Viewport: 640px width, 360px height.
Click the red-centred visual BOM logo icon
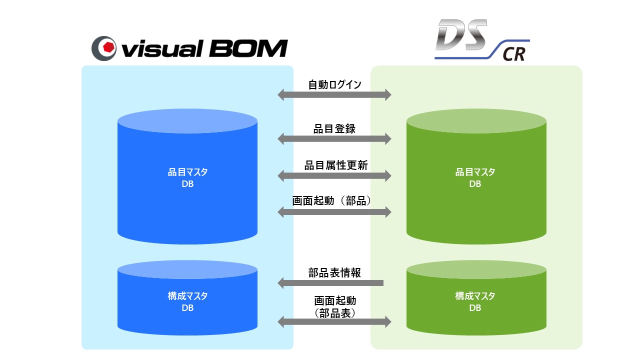pos(104,48)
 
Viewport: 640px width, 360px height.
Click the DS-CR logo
pos(480,41)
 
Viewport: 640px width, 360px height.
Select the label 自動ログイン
pos(334,84)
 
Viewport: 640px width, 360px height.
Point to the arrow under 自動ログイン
pos(334,94)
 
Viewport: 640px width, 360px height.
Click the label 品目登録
pos(334,128)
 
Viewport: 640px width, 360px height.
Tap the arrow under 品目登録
pos(334,138)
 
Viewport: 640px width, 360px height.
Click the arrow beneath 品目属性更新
pos(334,175)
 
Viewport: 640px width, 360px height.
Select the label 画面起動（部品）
pos(334,200)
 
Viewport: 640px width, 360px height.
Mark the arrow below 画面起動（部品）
pos(334,212)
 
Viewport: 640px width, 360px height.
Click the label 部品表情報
pos(334,273)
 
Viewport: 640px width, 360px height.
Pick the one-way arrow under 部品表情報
pos(330,283)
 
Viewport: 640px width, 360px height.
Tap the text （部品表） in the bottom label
pos(334,313)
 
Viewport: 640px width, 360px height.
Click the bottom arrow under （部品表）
pos(334,322)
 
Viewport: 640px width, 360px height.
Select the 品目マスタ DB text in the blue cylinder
pos(187,178)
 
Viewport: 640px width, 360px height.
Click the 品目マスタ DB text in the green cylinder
pos(475,178)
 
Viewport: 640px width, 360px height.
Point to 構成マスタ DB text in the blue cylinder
pos(187,302)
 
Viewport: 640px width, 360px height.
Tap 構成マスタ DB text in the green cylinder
pos(475,302)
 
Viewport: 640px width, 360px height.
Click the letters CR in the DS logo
pos(514,53)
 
